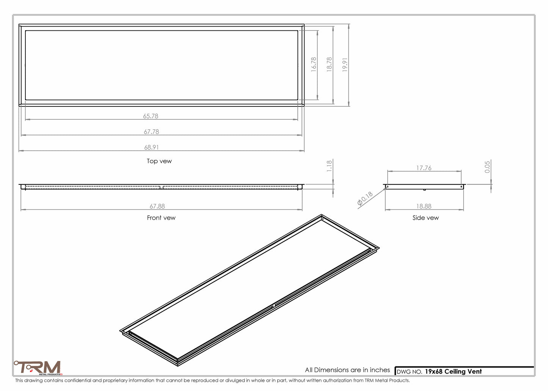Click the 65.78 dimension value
151,116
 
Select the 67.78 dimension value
151,131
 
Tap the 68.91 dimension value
151,147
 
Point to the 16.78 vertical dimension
314,64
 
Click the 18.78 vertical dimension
329,64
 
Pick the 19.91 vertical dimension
345,64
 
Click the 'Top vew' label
159,161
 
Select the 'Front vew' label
161,218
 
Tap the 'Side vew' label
426,218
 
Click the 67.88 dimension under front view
157,206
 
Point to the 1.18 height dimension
329,166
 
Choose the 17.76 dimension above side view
424,168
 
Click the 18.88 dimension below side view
424,206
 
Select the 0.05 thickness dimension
487,166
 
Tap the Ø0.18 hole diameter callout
365,199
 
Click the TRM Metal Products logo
38,368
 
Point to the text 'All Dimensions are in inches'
347,370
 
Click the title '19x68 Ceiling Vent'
453,371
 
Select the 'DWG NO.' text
409,372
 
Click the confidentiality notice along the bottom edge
212,380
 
